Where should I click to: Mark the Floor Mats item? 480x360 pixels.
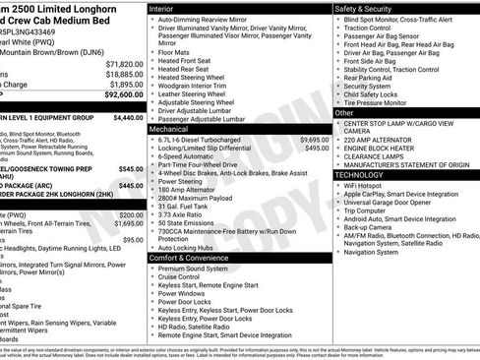[175, 50]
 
